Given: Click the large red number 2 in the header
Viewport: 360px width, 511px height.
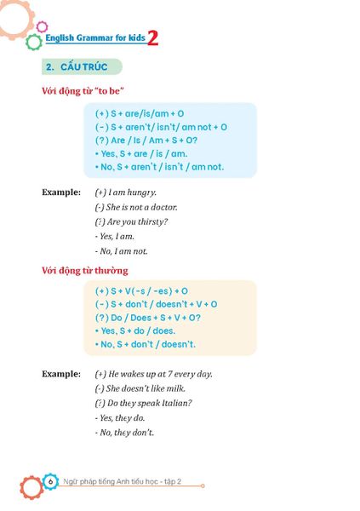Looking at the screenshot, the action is tap(152, 38).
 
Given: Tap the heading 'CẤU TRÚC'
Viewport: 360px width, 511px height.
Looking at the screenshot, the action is tap(83, 66).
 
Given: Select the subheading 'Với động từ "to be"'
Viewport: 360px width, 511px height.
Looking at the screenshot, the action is tap(85, 91).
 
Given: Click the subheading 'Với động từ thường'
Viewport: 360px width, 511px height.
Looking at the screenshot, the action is tap(85, 271).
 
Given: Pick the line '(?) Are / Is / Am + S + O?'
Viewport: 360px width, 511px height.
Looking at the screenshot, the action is tap(146, 140).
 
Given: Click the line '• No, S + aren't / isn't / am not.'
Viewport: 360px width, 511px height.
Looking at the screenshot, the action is tap(159, 167).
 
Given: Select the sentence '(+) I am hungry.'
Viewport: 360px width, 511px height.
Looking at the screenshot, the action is tap(126, 192).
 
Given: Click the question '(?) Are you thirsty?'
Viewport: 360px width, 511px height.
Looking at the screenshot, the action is tap(131, 221).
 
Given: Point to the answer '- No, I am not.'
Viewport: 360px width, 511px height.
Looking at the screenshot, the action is tap(122, 251).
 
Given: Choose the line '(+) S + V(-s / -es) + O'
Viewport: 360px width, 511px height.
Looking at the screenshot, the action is tap(142, 290).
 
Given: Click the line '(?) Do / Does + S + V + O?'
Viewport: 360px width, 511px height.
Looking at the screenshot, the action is tap(148, 317).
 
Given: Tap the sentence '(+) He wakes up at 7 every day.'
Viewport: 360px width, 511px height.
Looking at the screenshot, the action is tap(153, 373).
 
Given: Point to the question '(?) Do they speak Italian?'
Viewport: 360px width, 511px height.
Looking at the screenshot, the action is tap(143, 403).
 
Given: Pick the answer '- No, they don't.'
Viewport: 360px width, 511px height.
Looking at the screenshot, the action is tap(124, 433).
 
